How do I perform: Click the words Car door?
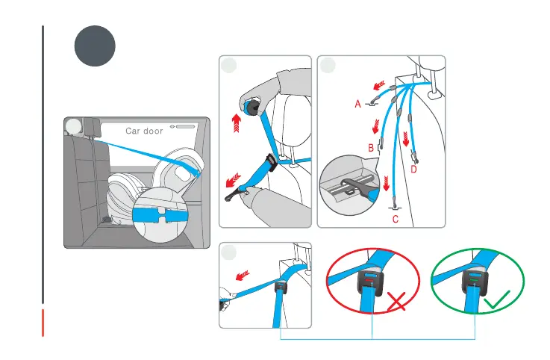[x=144, y=131]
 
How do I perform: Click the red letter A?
[x=358, y=105]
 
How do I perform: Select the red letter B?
[x=371, y=149]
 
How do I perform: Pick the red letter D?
[x=414, y=170]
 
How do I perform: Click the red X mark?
[x=397, y=303]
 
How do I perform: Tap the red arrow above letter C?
[x=387, y=182]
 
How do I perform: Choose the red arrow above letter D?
[x=406, y=139]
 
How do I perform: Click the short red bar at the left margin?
[x=44, y=322]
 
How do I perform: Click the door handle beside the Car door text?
[x=184, y=127]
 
